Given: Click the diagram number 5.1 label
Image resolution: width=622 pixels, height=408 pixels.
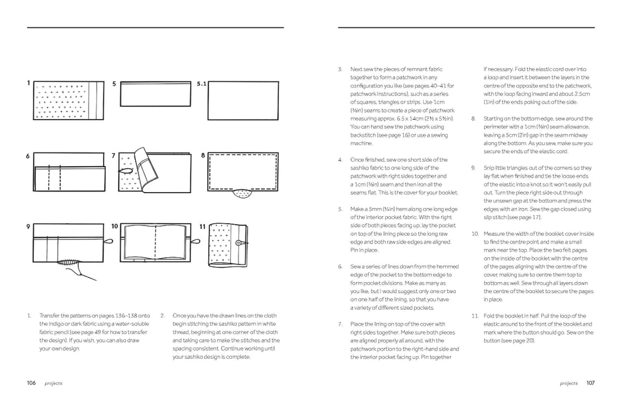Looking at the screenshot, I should coord(202,84).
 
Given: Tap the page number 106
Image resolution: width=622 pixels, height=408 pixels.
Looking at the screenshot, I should coord(32,383).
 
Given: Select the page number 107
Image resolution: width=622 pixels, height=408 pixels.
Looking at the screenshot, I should coord(590,383).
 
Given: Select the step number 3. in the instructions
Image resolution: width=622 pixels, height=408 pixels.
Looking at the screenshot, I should coord(340,70).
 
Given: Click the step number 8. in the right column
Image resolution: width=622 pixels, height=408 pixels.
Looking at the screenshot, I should coord(474,119).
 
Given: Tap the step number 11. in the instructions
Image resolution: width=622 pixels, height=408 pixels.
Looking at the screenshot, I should coord(475,316).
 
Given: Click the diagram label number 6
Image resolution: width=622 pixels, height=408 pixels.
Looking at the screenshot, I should coord(28,155).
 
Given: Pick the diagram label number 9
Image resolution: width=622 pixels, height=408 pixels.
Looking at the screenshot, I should coord(28,227).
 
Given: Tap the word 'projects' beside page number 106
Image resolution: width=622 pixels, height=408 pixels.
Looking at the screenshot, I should coord(54,384).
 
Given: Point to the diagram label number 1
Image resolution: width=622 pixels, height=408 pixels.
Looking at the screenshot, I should coord(28,83).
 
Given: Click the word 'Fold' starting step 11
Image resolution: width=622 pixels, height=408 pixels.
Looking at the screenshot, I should coord(489,316).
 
